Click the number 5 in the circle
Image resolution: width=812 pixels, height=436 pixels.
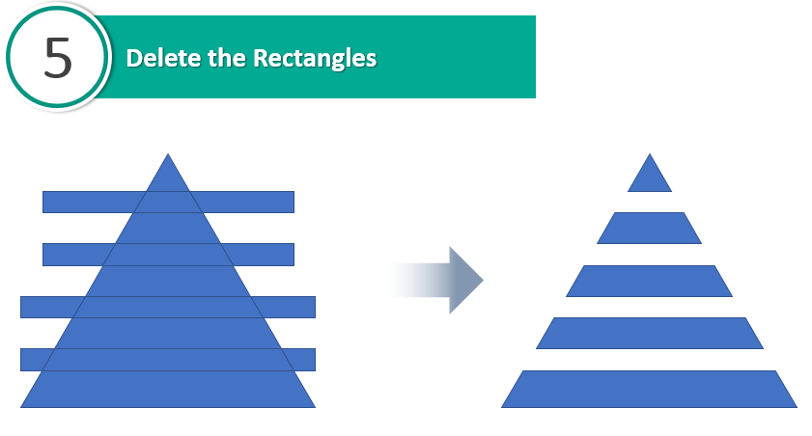pos(58,58)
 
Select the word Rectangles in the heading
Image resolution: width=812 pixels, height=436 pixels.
pos(315,59)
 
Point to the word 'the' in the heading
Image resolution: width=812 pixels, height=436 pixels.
pos(227,58)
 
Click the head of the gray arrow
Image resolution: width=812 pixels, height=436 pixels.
pos(466,280)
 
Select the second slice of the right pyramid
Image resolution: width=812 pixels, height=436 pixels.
pos(650,228)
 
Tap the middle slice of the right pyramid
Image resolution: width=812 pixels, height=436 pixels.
pos(650,281)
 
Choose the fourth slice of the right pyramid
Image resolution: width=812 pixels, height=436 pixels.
pos(650,333)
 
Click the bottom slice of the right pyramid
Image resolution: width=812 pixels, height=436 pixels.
pos(650,389)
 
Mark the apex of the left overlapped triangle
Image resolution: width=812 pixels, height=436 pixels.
pos(168,153)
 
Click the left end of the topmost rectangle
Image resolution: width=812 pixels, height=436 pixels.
pos(43,203)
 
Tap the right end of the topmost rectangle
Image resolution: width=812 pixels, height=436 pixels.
pos(294,203)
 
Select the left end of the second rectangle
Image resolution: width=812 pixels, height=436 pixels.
pos(43,255)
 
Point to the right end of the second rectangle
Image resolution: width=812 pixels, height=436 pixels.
pos(294,255)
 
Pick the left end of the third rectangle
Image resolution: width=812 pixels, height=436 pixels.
pos(20,307)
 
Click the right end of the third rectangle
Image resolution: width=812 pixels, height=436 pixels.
pos(316,307)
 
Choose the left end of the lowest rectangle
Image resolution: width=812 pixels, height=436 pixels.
pos(20,360)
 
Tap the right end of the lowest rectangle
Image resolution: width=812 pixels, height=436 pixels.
pos(316,360)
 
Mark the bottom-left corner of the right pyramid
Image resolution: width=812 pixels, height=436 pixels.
pos(501,408)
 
